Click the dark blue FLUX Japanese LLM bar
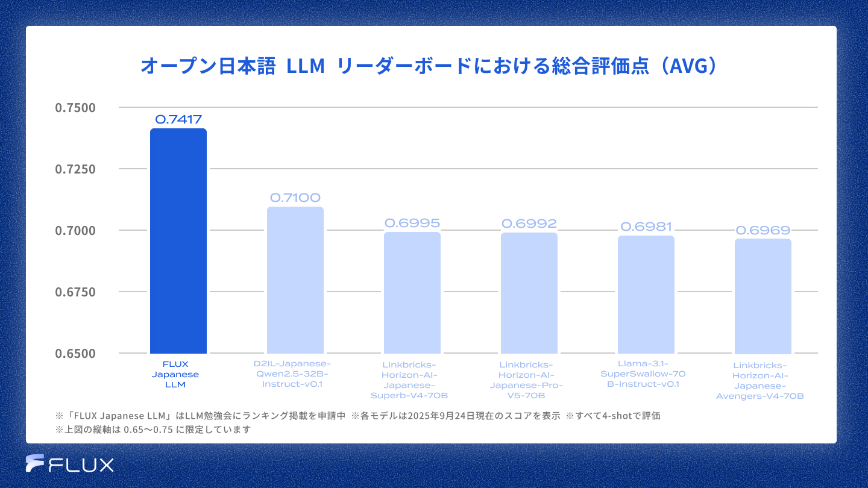[x=178, y=241]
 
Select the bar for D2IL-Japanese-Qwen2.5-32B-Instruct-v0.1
[x=295, y=280]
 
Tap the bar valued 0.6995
[x=412, y=293]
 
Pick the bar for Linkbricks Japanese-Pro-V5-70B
[x=529, y=293]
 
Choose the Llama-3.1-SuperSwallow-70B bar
[x=646, y=295]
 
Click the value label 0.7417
[x=178, y=119]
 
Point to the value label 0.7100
[x=295, y=198]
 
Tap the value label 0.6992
[x=529, y=224]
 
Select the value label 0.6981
[x=646, y=227]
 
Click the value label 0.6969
[x=763, y=230]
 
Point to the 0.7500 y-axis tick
[x=75, y=108]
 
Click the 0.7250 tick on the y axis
[x=75, y=169]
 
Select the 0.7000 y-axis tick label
[x=75, y=231]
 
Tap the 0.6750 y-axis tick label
[x=75, y=292]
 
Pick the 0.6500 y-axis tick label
[x=75, y=353]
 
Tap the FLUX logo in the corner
[x=70, y=464]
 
